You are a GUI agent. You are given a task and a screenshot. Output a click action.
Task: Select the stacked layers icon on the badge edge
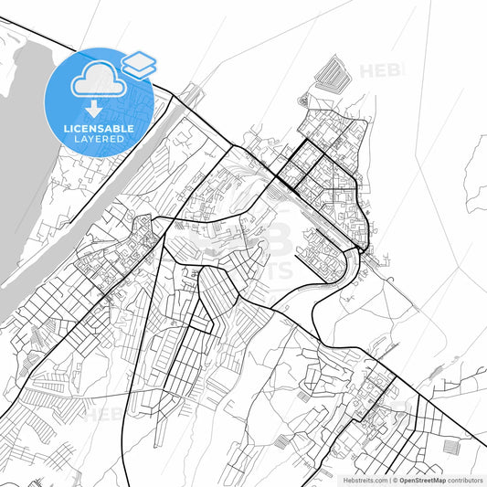(x=139, y=64)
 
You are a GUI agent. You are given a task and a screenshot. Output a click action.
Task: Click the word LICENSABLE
(x=98, y=129)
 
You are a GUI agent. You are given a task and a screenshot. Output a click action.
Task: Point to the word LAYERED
(x=98, y=139)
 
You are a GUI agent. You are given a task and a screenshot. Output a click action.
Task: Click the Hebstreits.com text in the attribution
(x=363, y=479)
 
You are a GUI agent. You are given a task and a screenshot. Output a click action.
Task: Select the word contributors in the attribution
(x=466, y=479)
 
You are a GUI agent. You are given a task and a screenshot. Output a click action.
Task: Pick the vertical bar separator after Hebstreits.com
(x=387, y=479)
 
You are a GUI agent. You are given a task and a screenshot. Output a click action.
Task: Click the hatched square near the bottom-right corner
(x=453, y=447)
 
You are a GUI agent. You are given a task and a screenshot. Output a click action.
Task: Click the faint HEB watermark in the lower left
(x=105, y=413)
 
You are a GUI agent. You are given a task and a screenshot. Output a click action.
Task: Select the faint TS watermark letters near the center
(x=279, y=270)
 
